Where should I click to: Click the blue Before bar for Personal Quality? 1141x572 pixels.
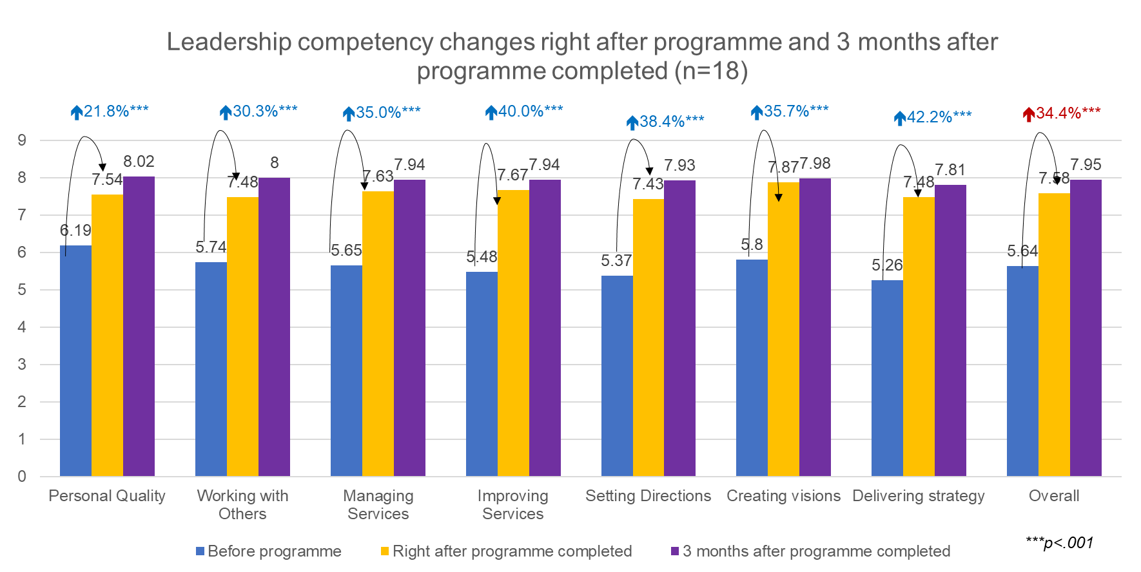tap(75, 361)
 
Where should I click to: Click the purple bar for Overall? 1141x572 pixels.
tap(1086, 328)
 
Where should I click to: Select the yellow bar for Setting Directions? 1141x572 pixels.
tap(648, 338)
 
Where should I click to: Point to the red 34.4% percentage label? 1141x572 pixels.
tap(1062, 113)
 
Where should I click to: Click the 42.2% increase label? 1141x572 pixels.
tap(933, 117)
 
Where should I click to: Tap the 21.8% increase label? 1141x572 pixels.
tap(110, 111)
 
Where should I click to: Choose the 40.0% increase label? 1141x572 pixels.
tap(524, 111)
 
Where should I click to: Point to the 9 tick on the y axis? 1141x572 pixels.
tap(22, 140)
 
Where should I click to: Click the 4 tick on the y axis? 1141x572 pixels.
tap(22, 327)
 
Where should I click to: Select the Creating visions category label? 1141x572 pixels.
tap(783, 495)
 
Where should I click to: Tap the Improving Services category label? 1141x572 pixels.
tap(512, 504)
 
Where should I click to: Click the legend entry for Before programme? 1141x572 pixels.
tap(269, 551)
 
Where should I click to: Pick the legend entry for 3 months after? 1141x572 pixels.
tap(810, 551)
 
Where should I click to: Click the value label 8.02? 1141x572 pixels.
tap(139, 162)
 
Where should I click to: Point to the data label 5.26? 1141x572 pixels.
tap(887, 265)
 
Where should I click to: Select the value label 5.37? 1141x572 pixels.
tap(616, 261)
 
